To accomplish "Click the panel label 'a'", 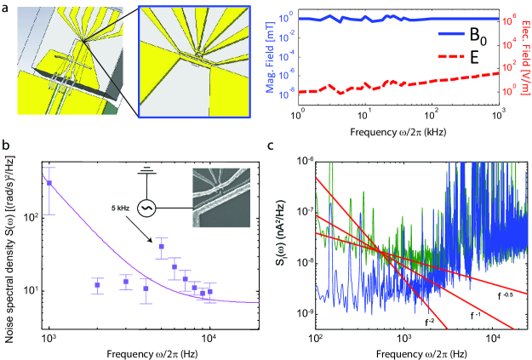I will [x=7, y=7].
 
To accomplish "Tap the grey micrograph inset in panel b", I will [x=222, y=196].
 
